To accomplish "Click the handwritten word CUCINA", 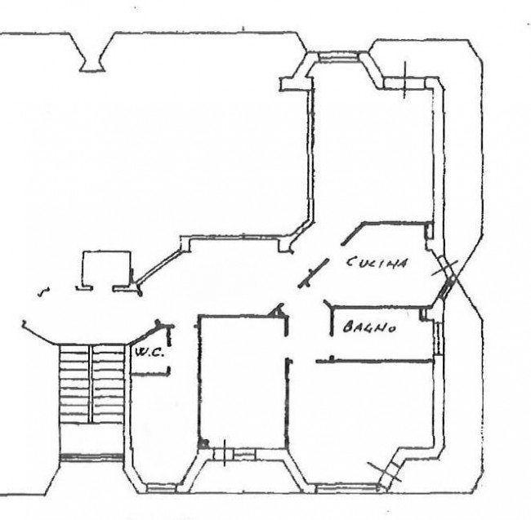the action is pyautogui.click(x=377, y=263).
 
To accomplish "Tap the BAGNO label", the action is pyautogui.click(x=369, y=327).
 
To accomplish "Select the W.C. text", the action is pyautogui.click(x=149, y=353).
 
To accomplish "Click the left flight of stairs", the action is pyautogui.click(x=74, y=384).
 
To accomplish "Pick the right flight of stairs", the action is pyautogui.click(x=108, y=384).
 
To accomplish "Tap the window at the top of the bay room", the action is pyautogui.click(x=338, y=57).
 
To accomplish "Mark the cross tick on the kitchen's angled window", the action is pyautogui.click(x=444, y=268).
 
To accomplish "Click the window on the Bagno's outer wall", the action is pyautogui.click(x=439, y=338).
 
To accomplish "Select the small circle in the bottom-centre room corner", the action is pyautogui.click(x=203, y=443).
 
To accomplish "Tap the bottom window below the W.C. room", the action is pyautogui.click(x=162, y=488).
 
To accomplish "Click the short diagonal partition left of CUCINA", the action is pyautogui.click(x=313, y=273).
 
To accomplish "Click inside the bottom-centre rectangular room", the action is pyautogui.click(x=243, y=382).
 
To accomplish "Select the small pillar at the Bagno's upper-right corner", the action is pyautogui.click(x=423, y=314).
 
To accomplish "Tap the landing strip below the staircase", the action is pyautogui.click(x=91, y=458).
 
